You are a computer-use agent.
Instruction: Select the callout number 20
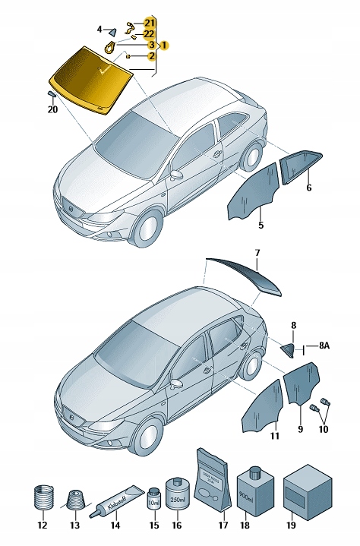52,109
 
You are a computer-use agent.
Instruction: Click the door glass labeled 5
250,194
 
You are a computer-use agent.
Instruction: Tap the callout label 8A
324,346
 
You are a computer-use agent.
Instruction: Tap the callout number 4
99,29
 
